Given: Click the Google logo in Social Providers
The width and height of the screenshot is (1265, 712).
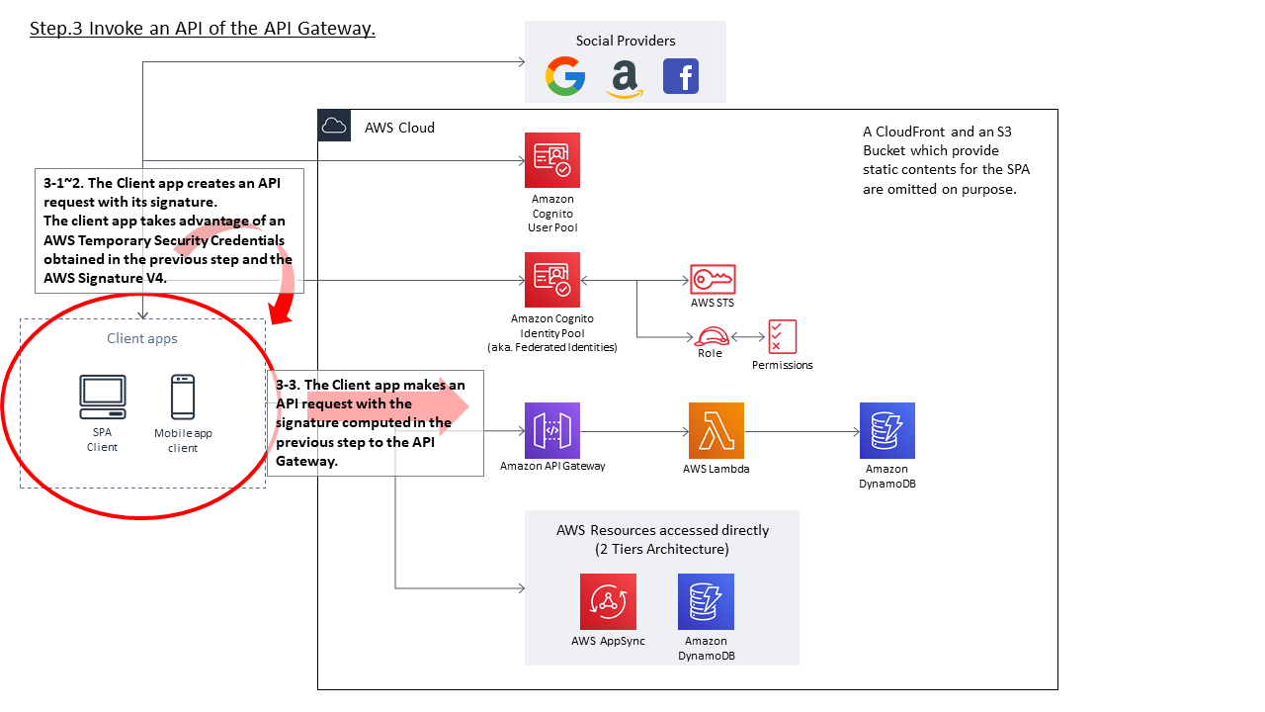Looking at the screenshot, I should [x=565, y=76].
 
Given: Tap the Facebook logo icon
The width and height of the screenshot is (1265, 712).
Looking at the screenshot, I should [x=681, y=76].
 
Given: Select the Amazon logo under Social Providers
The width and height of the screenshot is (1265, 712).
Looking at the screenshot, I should [x=625, y=78].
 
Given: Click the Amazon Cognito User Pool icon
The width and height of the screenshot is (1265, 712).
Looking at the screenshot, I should [x=552, y=160].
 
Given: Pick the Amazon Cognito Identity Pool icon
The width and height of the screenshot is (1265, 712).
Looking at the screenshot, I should [x=552, y=280].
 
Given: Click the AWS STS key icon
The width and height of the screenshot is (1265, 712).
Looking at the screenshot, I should [x=713, y=279].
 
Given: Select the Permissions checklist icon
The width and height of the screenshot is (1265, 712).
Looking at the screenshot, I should [x=782, y=336].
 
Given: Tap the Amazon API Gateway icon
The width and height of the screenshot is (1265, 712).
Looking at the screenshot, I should [x=552, y=430].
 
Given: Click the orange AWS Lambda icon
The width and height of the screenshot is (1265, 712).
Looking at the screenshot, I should [x=716, y=430].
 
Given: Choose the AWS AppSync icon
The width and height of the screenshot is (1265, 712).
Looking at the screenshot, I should [x=608, y=601].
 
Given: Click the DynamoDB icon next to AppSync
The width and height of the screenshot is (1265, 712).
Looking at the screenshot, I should [x=706, y=601].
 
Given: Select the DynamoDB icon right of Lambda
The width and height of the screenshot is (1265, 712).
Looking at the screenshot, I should [x=886, y=430].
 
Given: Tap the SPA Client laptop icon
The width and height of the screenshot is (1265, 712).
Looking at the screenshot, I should [x=103, y=398].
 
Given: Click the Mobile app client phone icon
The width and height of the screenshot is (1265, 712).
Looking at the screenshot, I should [x=183, y=398].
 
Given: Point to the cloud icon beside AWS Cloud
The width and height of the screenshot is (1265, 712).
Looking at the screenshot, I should [x=334, y=126].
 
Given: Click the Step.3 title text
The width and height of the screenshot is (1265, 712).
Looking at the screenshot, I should [x=203, y=29].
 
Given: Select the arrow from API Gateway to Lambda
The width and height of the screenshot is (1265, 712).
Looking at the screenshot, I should [x=633, y=431].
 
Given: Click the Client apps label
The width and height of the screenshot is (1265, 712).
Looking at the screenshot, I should [x=142, y=338].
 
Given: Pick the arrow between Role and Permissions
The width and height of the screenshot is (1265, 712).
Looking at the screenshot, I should [x=748, y=337].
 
